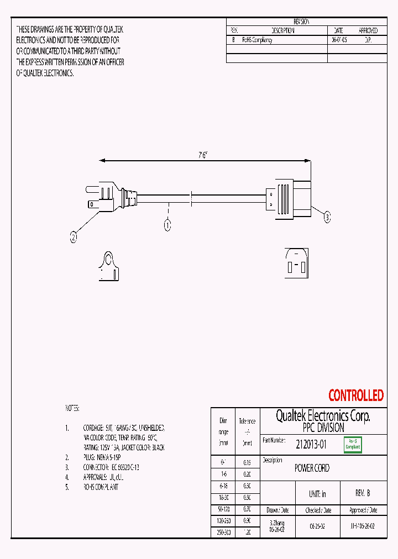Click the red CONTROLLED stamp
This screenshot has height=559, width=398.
355,395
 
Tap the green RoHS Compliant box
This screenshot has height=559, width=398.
353,444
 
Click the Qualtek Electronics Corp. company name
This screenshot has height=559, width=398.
323,416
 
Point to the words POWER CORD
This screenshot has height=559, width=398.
312,468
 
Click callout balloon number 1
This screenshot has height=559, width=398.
167,225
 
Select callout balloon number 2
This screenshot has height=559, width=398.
74,238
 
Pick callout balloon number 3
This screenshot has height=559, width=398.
327,218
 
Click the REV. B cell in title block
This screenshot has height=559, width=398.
362,493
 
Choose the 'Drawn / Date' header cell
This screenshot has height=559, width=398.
277,510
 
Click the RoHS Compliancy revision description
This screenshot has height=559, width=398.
257,40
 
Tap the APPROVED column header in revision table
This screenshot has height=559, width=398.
368,31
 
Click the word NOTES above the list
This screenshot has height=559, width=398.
72,408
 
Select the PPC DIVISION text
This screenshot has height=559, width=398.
323,428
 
